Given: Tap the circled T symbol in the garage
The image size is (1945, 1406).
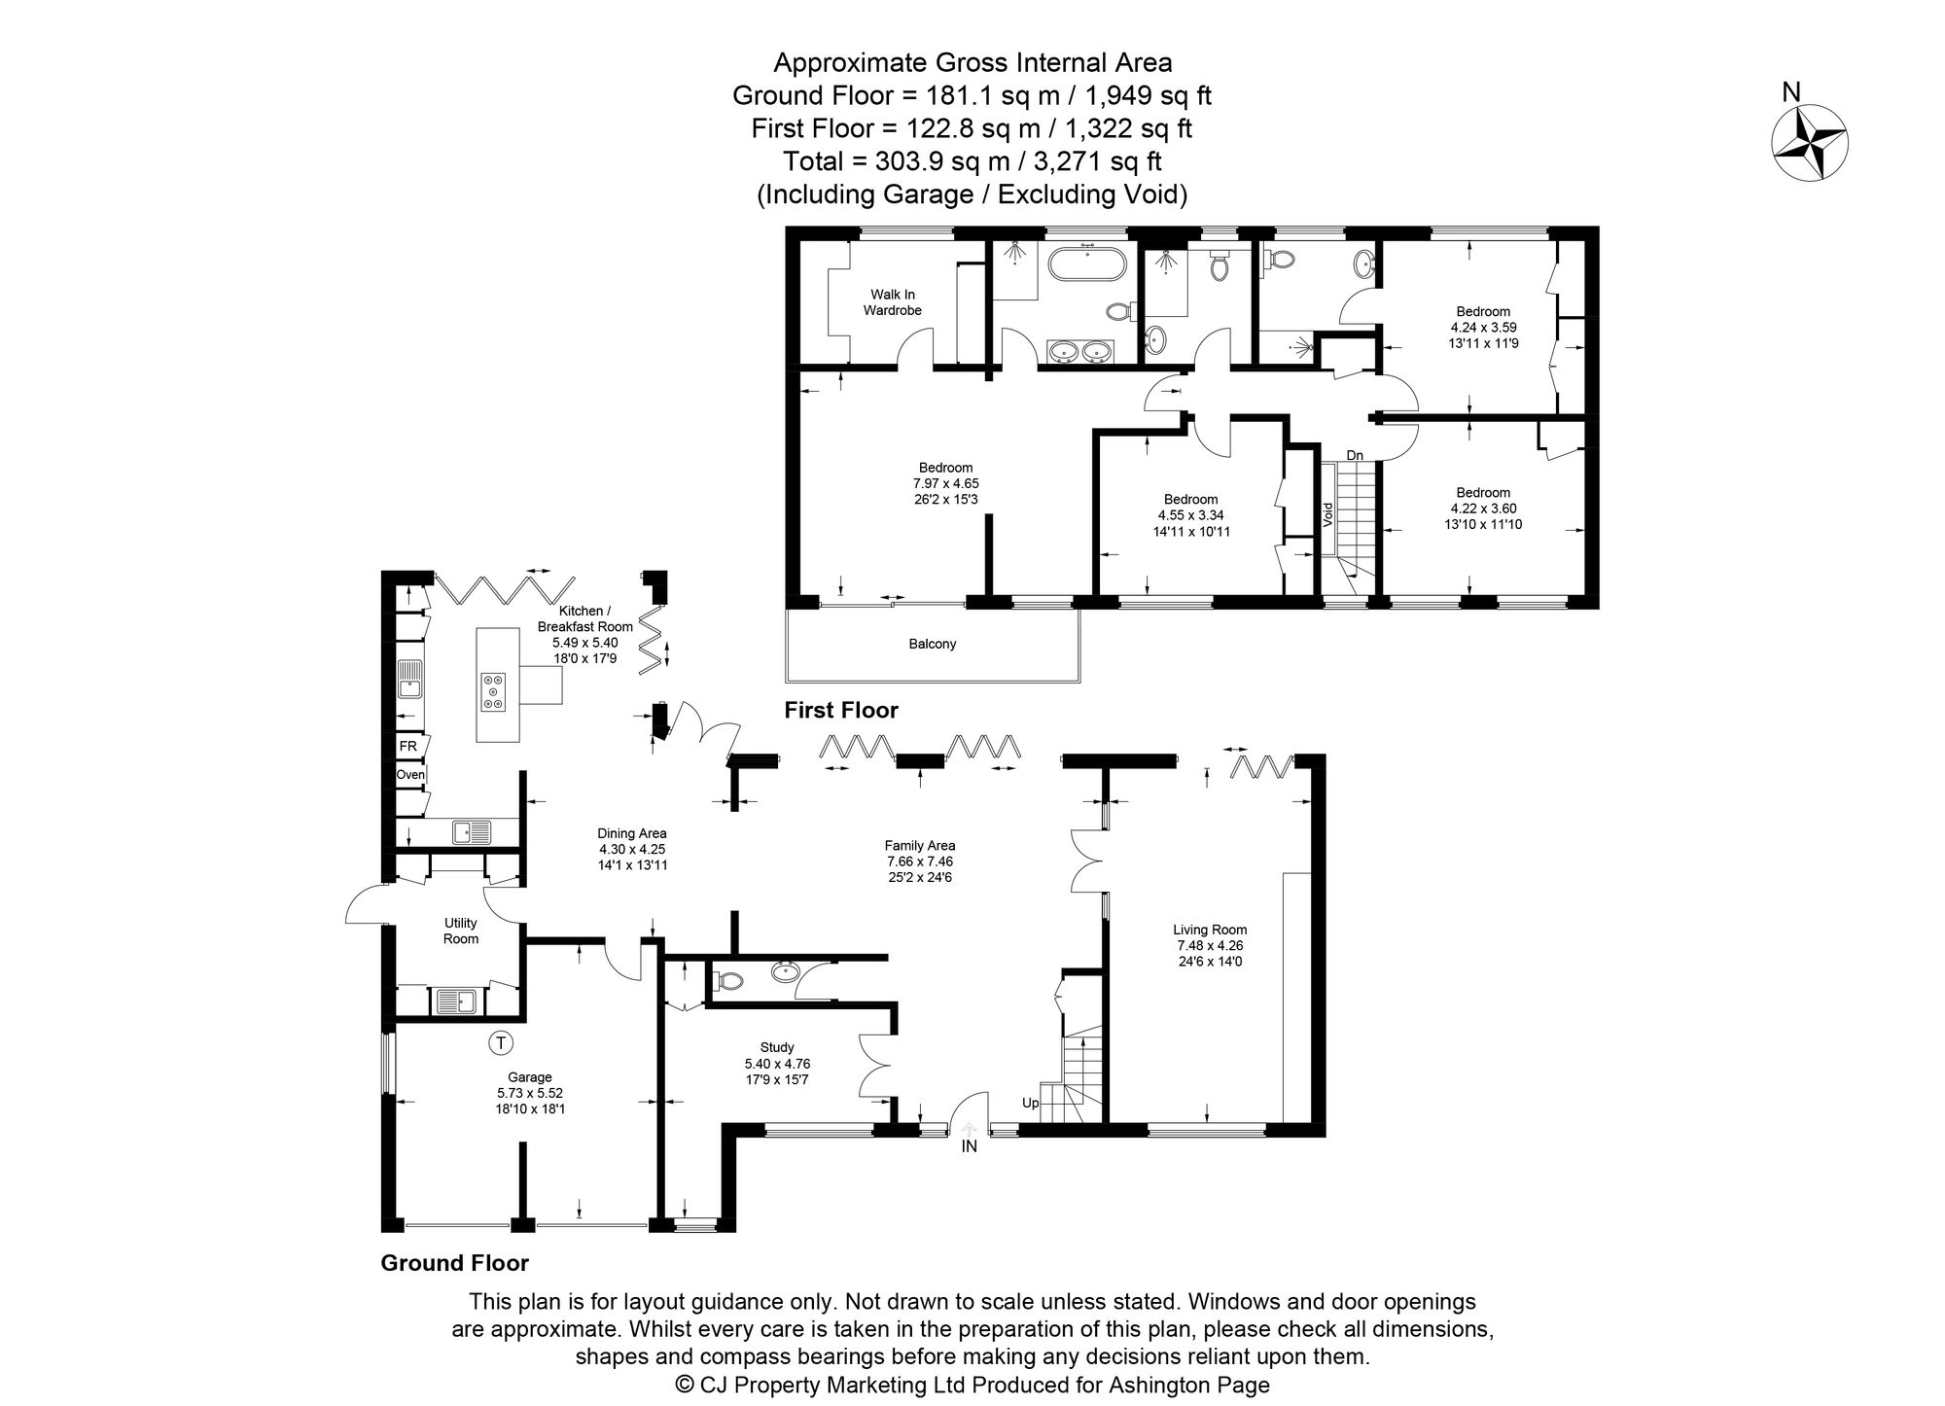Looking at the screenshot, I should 500,1043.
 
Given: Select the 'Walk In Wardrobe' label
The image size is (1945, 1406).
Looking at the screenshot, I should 892,302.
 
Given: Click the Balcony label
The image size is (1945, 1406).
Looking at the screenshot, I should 932,644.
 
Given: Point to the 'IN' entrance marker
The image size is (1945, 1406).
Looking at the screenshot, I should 969,1146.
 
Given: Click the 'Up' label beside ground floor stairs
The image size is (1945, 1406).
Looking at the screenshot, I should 1030,1103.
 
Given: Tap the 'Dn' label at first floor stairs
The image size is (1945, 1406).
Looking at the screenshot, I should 1355,455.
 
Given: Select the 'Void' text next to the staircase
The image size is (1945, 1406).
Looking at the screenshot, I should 1327,514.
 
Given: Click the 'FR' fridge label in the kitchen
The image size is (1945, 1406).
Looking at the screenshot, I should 407,746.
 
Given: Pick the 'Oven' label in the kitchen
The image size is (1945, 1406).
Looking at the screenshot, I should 409,775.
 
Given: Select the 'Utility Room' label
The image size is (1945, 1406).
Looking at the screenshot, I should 461,931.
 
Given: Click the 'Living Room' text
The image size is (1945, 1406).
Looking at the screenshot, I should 1210,930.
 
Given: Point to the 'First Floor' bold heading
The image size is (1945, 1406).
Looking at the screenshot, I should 841,711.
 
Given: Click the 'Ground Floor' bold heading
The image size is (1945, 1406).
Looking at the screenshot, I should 454,1263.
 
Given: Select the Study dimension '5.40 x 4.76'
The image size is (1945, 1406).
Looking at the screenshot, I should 777,1064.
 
